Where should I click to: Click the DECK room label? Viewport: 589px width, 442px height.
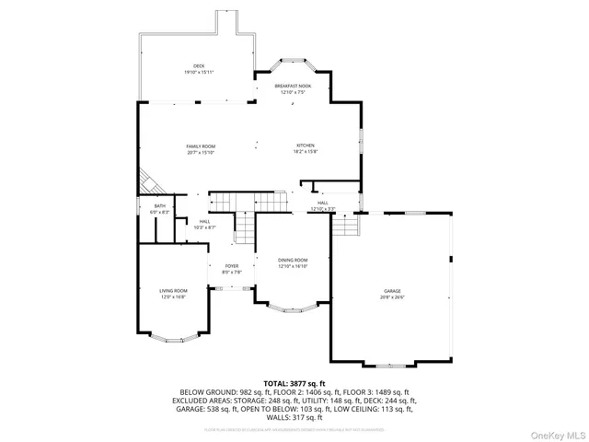tap(198, 68)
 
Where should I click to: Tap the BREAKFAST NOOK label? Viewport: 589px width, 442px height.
tap(293, 87)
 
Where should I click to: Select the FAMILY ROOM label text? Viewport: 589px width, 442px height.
tap(201, 148)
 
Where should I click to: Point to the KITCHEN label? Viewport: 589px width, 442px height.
tap(306, 148)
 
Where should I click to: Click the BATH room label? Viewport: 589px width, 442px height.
tap(160, 209)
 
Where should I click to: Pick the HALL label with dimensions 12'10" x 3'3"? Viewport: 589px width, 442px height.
tap(323, 205)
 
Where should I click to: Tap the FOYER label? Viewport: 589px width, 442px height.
tap(232, 269)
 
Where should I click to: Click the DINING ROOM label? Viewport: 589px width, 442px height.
tap(293, 263)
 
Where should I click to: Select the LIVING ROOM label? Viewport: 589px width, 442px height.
tap(173, 294)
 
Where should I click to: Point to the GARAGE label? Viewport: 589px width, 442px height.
tap(393, 294)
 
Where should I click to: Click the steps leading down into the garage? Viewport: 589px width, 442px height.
tap(344, 225)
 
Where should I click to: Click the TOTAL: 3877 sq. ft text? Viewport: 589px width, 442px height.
tap(294, 382)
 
